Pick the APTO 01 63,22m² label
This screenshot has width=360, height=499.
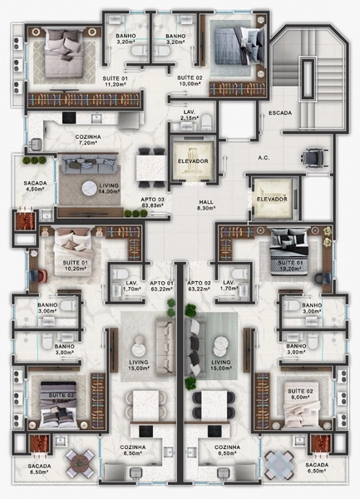point(160,287)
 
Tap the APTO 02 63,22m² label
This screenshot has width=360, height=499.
point(199,287)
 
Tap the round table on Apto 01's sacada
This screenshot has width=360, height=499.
point(78,461)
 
